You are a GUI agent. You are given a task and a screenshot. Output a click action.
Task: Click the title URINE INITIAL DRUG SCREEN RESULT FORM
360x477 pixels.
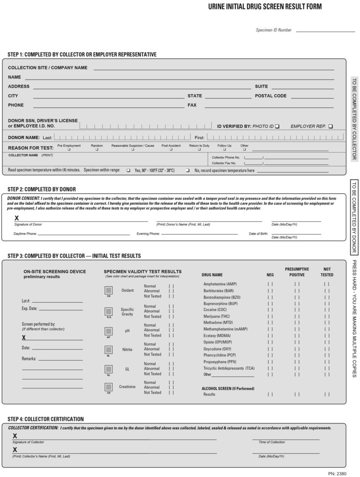[x=265, y=7]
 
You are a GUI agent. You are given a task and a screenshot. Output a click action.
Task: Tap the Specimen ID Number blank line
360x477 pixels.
[x=325, y=30]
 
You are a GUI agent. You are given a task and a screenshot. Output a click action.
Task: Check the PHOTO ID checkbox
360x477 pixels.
[x=277, y=127]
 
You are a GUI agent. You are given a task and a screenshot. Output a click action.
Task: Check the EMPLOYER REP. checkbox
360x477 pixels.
[x=331, y=127]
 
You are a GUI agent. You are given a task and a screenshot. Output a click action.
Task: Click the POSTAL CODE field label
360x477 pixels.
[x=270, y=96]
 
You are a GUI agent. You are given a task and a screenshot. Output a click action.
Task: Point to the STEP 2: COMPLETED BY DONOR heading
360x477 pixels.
[x=42, y=189]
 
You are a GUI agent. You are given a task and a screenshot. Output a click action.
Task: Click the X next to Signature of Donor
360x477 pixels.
[x=17, y=218]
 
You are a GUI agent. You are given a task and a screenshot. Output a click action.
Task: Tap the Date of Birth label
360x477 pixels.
[x=258, y=233]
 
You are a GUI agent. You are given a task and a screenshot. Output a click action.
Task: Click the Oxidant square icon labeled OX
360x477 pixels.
[x=109, y=291]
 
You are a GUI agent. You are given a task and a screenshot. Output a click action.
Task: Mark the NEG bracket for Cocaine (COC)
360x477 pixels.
[x=270, y=310]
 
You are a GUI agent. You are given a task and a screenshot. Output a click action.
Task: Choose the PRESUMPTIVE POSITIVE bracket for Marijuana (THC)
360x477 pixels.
[x=297, y=317]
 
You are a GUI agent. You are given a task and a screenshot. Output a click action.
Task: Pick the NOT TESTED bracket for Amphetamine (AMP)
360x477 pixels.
[x=326, y=284]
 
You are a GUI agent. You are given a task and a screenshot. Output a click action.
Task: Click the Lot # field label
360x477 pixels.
[x=26, y=300]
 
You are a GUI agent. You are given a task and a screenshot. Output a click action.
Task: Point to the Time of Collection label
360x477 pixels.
[x=271, y=442]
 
